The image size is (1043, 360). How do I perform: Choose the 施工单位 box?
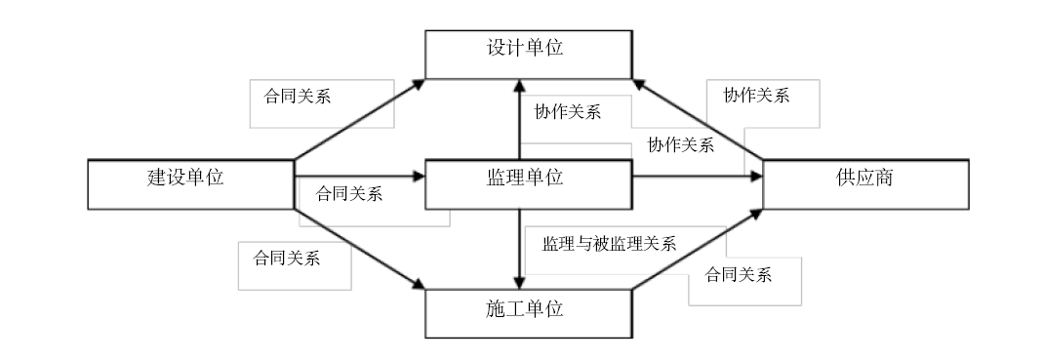pos(527,313)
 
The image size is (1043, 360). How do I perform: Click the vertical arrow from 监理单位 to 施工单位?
pos(518,249)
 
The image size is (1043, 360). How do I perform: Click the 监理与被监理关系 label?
pos(609,244)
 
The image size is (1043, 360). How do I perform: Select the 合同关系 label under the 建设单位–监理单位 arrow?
pos(349,192)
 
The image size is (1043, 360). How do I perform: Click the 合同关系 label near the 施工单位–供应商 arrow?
pos(739,274)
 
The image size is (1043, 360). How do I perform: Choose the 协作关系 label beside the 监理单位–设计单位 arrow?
pos(567,111)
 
